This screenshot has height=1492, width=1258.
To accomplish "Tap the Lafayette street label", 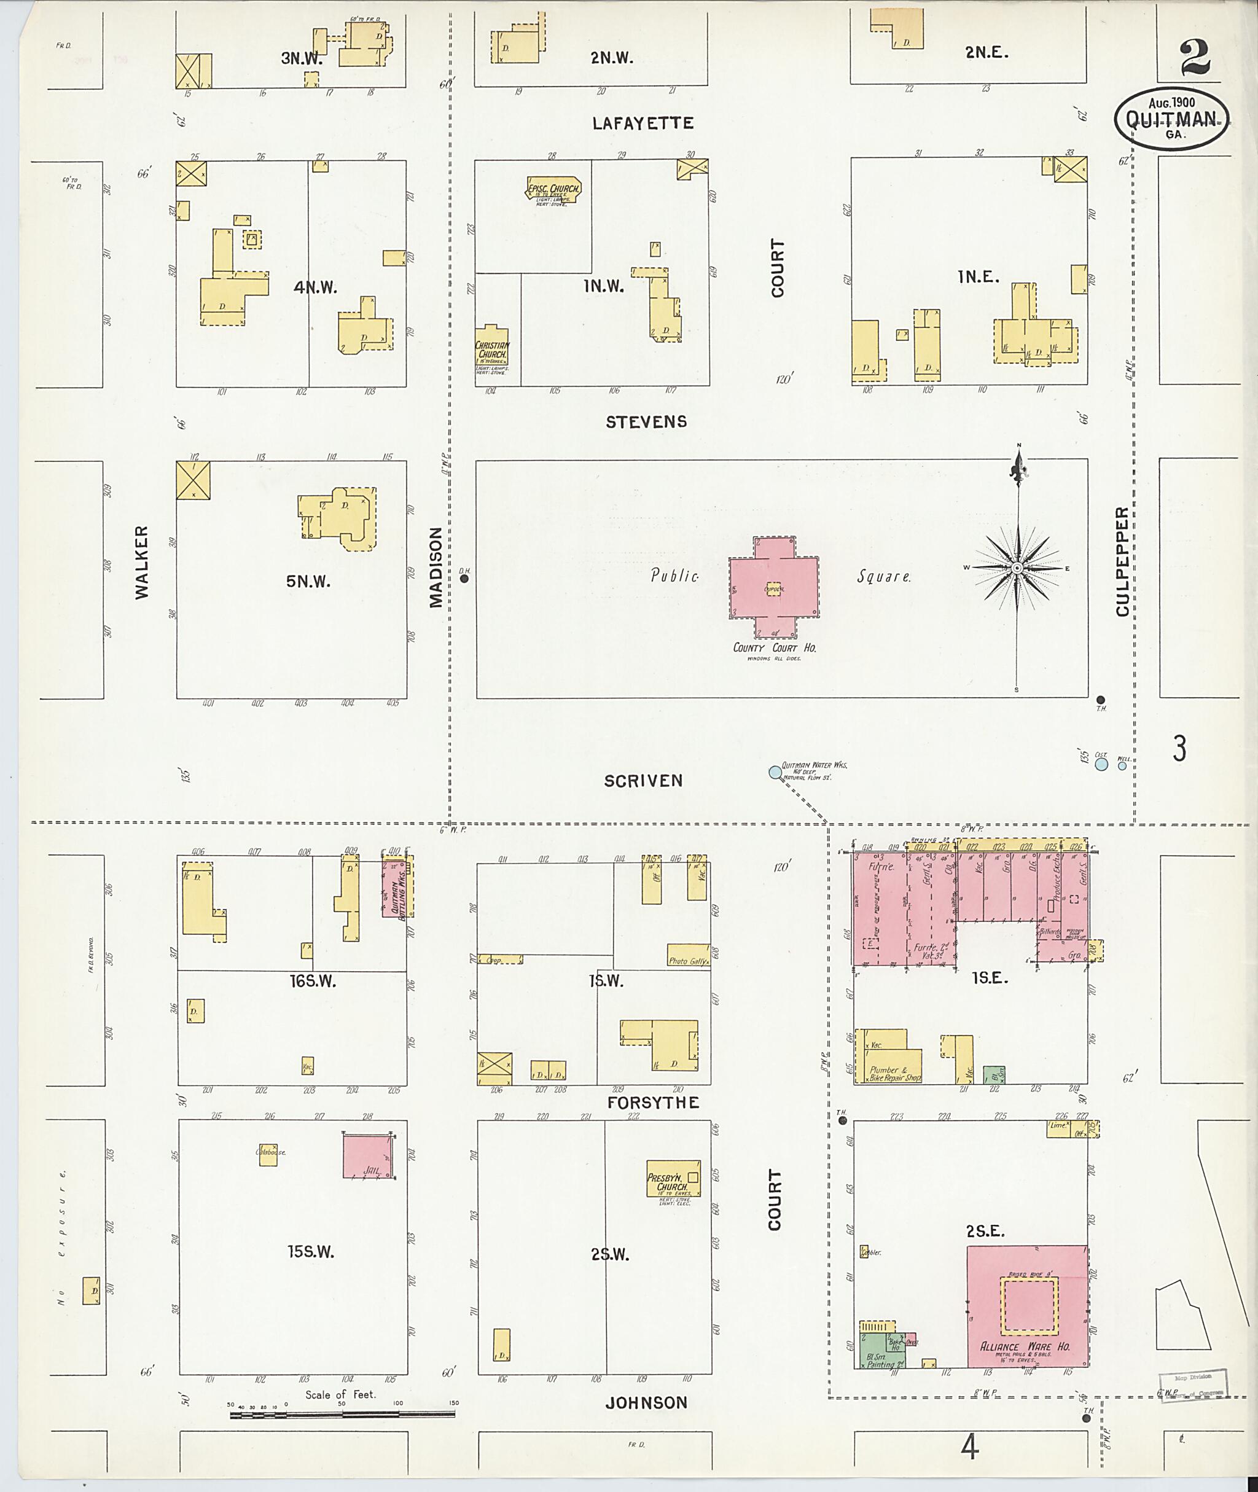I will (x=643, y=123).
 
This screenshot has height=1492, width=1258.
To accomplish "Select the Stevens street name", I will (x=646, y=421).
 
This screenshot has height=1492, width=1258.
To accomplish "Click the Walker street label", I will (x=143, y=562).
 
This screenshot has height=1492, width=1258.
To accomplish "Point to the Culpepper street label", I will (x=1122, y=561).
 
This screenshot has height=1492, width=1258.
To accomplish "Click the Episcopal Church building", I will (x=553, y=190).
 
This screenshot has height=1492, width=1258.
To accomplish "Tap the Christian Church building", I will (x=492, y=354).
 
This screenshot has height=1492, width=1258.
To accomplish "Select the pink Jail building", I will (x=367, y=1156).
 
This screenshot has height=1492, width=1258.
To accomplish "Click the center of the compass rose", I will (x=1018, y=568).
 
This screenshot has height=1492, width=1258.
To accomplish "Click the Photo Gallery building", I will (x=688, y=955).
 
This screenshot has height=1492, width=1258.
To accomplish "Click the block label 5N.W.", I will (x=308, y=581).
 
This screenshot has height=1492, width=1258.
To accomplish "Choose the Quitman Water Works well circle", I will (x=775, y=771).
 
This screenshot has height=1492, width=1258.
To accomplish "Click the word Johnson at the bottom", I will (x=646, y=1403).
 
